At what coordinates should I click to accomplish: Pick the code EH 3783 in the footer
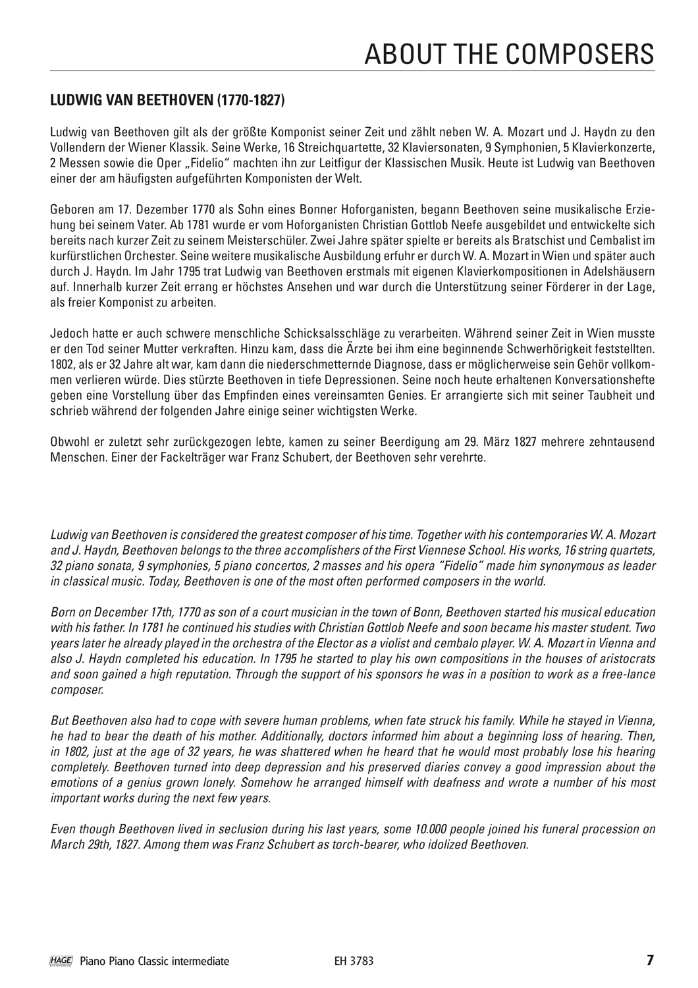coord(354,961)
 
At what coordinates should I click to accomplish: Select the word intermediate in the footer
coord(200,961)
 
